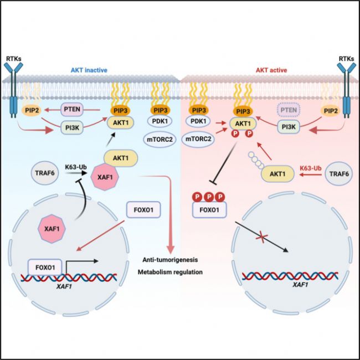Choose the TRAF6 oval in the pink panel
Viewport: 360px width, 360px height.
coord(330,174)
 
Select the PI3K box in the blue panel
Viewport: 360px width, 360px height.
coord(74,130)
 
